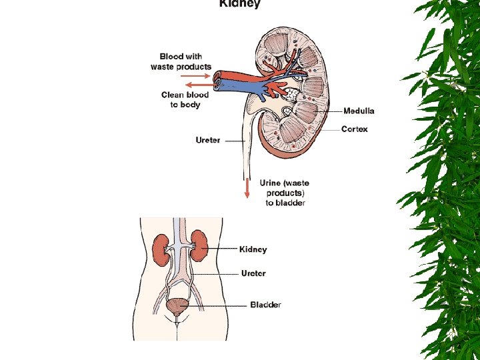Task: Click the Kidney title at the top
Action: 240,4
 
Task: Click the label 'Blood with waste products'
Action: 181,61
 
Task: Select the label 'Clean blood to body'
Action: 185,99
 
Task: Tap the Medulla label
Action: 359,111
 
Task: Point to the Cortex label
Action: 354,129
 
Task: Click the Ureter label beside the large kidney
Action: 208,140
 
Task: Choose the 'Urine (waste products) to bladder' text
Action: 285,193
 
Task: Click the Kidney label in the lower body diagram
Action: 253,249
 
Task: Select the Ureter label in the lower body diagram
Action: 253,273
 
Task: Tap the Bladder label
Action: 265,305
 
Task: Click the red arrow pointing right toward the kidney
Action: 199,76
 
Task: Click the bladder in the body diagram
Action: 177,306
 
